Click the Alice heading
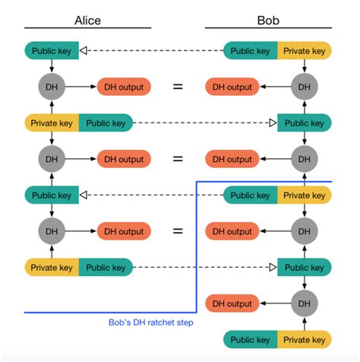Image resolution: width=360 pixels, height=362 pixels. point(87,21)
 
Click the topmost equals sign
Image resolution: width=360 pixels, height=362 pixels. point(178,87)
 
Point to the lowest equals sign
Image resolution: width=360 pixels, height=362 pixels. point(178,232)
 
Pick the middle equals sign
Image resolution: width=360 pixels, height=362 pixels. point(178,159)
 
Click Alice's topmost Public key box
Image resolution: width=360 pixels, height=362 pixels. point(52,51)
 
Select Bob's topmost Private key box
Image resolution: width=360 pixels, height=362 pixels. point(304,51)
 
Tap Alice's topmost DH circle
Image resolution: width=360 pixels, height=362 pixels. point(51,87)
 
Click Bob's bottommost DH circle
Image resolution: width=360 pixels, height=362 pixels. point(304,303)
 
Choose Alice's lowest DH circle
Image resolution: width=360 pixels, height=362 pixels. point(51,232)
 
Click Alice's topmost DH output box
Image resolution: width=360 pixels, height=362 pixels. point(123,87)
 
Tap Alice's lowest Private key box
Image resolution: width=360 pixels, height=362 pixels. point(51,268)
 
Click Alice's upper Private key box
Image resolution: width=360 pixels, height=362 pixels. point(51,122)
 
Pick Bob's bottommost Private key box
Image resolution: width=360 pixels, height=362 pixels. point(304,340)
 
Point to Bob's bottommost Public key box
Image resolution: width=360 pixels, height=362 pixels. point(251,340)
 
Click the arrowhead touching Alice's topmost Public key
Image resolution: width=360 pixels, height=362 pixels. point(84,51)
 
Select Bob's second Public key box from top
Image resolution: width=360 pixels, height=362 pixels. point(304,122)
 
